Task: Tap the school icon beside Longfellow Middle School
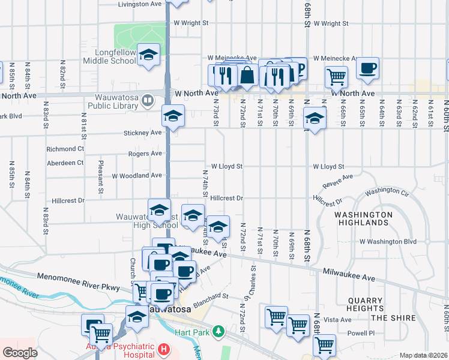click(148, 56)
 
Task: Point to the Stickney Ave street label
click(143, 132)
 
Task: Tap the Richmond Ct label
click(65, 149)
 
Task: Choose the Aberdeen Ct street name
click(64, 163)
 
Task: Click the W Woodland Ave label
click(137, 176)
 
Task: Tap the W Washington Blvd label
click(387, 241)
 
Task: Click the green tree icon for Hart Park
click(220, 331)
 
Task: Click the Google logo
click(20, 353)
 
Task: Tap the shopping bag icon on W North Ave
click(247, 75)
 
